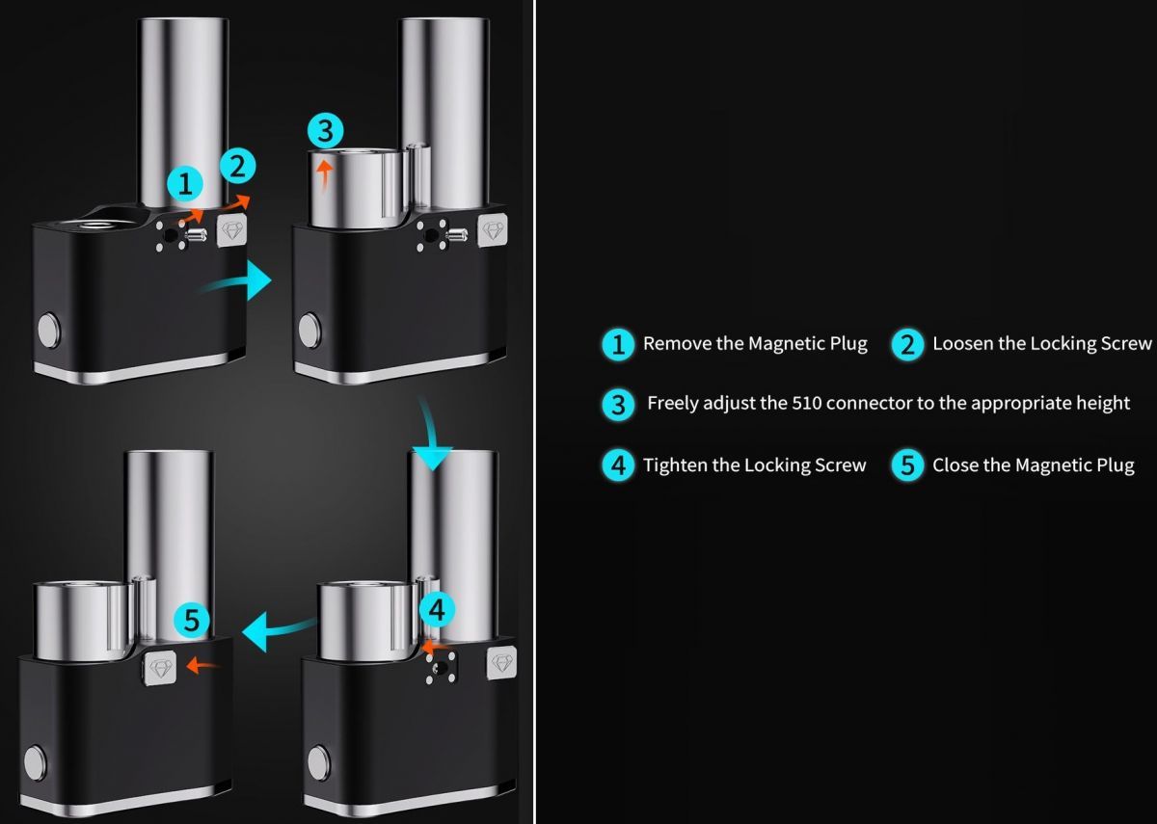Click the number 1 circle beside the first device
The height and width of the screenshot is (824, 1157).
185,184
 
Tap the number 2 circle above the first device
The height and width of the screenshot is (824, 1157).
237,166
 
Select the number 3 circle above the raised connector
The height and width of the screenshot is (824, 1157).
326,131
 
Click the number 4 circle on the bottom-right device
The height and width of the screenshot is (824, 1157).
437,610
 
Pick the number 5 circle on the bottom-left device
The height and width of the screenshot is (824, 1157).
192,620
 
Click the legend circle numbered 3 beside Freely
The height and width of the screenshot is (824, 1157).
618,405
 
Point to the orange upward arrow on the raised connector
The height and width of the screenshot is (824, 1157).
324,175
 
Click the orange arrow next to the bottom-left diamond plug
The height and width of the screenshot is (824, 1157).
202,666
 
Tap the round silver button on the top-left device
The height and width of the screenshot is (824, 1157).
49,329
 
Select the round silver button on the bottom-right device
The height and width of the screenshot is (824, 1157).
319,763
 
